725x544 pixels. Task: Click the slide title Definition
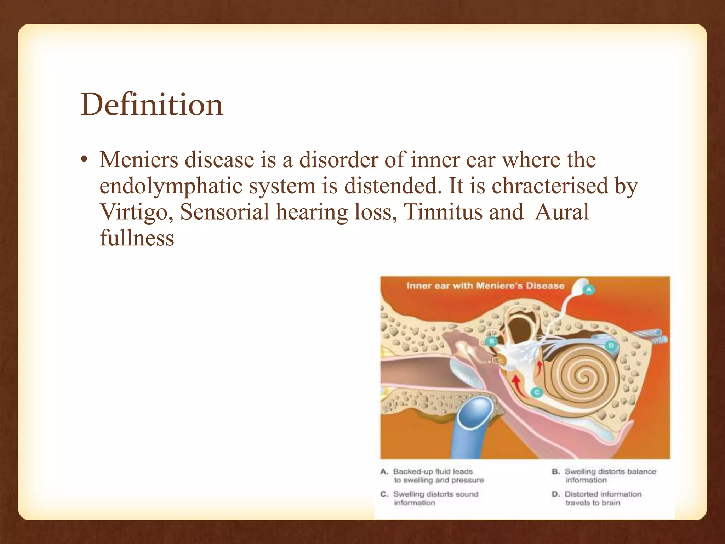[x=152, y=105]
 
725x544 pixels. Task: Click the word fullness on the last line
[x=137, y=238]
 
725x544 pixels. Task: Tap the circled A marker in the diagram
[x=589, y=289]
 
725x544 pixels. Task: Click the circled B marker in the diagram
[x=491, y=341]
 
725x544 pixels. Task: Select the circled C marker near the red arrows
[x=537, y=392]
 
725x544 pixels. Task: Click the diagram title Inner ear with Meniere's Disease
[x=485, y=286]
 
